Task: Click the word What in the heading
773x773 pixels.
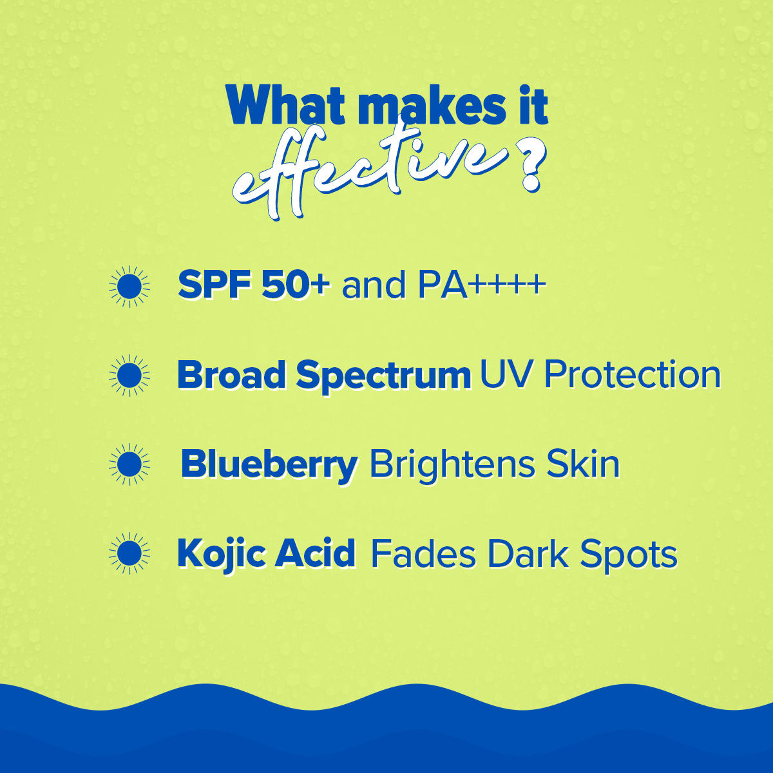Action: (x=285, y=104)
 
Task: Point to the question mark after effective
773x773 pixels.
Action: (x=531, y=167)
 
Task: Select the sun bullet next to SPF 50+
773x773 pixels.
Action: (x=129, y=287)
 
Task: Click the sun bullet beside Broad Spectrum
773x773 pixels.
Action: (x=129, y=376)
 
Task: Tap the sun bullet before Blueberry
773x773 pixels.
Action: (x=129, y=464)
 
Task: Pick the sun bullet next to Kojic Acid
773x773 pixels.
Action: (x=129, y=553)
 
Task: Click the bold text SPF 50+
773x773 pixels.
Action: (x=254, y=285)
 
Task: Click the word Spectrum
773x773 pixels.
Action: (x=384, y=377)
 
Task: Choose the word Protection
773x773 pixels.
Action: (x=632, y=374)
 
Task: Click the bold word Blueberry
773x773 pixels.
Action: (x=269, y=466)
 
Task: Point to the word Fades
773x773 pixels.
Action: (x=423, y=554)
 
